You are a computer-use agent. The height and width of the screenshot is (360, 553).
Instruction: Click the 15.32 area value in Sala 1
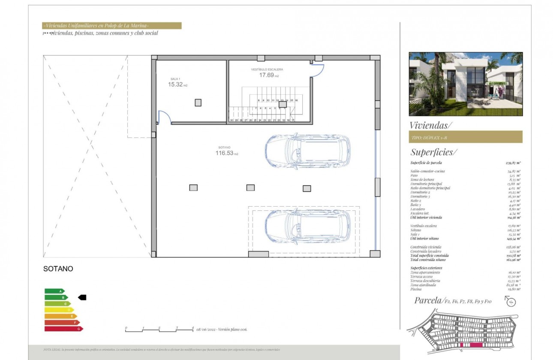[176, 85]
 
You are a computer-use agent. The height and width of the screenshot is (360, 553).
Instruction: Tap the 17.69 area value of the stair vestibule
[267, 75]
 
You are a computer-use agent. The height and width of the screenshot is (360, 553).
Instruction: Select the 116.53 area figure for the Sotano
[225, 153]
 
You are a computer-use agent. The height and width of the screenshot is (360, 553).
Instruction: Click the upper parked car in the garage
[307, 151]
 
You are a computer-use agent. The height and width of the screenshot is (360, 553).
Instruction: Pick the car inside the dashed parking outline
[307, 226]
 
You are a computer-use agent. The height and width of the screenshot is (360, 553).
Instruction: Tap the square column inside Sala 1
[198, 102]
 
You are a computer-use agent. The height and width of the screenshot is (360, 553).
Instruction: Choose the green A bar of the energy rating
[54, 291]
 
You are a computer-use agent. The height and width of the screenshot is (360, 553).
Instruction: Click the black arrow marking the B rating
[82, 297]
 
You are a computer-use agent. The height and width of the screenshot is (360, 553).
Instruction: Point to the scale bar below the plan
[159, 329]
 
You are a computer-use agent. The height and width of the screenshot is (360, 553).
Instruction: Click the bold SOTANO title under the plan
[58, 269]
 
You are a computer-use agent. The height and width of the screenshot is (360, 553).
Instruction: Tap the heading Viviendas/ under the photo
[430, 126]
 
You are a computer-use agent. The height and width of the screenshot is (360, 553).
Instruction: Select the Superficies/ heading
[434, 152]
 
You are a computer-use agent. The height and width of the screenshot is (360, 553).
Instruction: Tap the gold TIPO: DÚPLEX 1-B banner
[466, 137]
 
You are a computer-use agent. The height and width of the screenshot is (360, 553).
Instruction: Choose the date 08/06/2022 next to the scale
[206, 329]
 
